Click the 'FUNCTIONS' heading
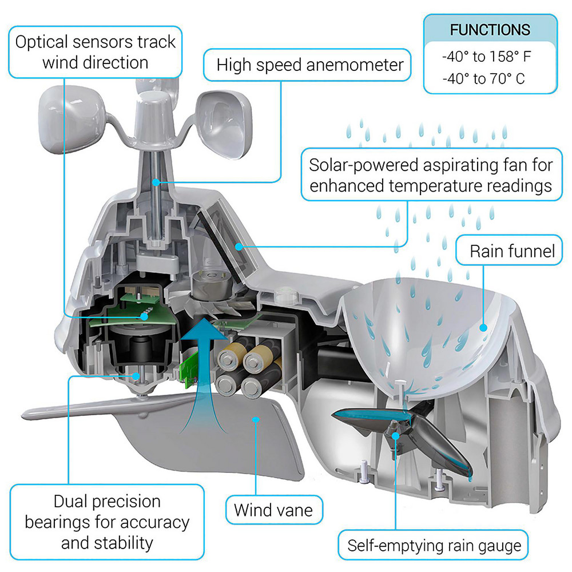[x=490, y=30]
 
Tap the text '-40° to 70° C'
[x=483, y=78]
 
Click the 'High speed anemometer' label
[x=310, y=65]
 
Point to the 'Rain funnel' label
[x=512, y=251]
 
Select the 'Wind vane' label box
[x=273, y=509]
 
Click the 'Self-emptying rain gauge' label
[x=435, y=546]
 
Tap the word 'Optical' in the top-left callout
[x=43, y=42]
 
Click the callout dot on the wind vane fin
[x=256, y=419]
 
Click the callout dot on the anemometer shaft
[x=155, y=182]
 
